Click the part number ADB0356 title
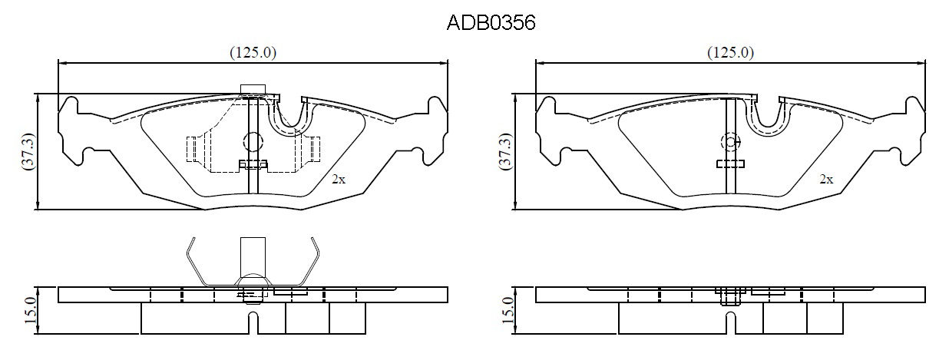pyautogui.click(x=491, y=22)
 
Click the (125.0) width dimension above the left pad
pyautogui.click(x=253, y=52)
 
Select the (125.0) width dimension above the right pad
pyautogui.click(x=730, y=52)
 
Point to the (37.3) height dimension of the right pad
pyautogui.click(x=506, y=152)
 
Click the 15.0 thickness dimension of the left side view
pyautogui.click(x=30, y=310)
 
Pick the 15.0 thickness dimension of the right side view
pyautogui.click(x=508, y=310)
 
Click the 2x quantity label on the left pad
pyautogui.click(x=339, y=180)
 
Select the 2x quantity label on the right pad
pyautogui.click(x=826, y=180)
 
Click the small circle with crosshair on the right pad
pyautogui.click(x=730, y=142)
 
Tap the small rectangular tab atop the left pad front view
pyautogui.click(x=253, y=89)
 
